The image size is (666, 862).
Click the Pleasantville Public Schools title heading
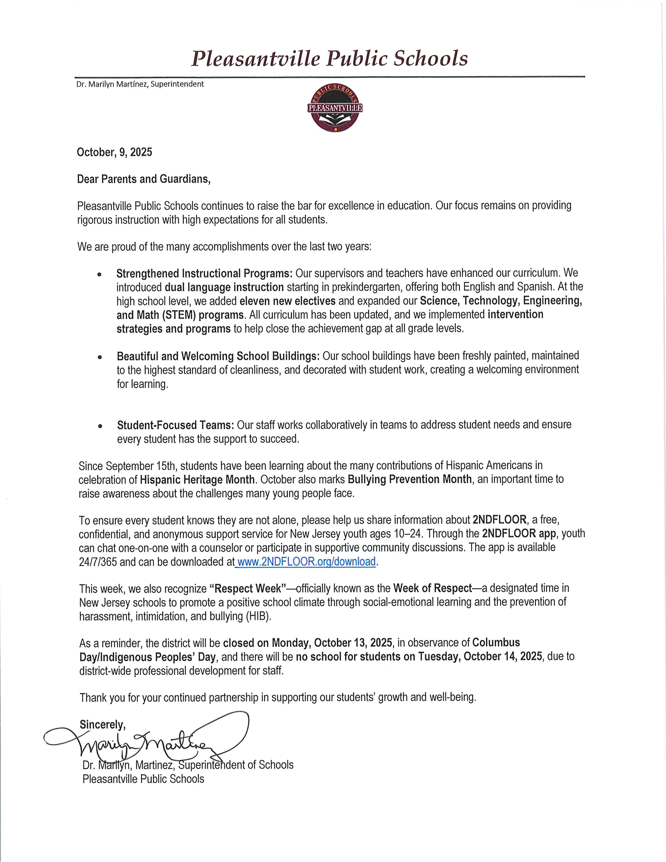(329, 59)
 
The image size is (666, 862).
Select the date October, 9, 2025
(114, 152)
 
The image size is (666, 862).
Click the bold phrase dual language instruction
(224, 287)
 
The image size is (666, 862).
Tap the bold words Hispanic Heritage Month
(197, 480)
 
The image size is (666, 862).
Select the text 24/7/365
(98, 562)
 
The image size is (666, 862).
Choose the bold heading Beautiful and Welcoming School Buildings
(218, 356)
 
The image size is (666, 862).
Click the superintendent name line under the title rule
(140, 84)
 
